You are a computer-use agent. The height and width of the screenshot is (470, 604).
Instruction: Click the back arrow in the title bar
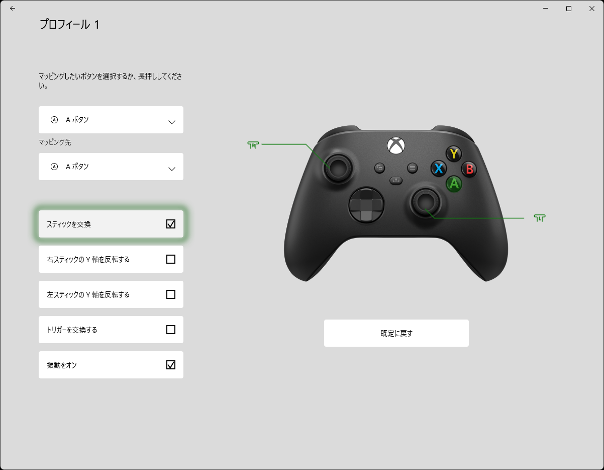13,9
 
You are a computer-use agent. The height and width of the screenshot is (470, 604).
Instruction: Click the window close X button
592,9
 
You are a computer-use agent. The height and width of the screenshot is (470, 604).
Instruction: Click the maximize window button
569,9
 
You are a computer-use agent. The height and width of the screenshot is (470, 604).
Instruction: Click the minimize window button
546,9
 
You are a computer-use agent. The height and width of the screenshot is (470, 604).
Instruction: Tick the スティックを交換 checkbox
171,224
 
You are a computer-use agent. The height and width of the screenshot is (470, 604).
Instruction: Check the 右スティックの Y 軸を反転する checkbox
171,259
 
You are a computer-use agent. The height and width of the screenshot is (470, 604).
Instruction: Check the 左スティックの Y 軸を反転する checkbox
171,294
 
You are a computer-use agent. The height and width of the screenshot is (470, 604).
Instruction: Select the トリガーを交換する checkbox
171,330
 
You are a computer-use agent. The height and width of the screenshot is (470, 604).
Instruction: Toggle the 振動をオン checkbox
171,365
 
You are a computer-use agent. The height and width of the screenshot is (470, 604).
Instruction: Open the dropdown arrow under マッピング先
172,169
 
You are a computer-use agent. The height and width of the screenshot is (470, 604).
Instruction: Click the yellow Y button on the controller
454,153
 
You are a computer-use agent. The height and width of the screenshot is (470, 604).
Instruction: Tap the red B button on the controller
469,169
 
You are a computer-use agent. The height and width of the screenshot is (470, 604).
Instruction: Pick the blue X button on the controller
439,169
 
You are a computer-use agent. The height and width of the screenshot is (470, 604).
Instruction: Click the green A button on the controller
454,184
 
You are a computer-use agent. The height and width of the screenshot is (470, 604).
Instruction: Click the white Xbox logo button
396,145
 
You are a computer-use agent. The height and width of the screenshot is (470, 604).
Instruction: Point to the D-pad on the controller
366,205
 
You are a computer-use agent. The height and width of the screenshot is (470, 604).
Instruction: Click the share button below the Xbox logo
396,180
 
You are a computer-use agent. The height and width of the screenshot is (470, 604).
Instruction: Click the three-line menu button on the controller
412,168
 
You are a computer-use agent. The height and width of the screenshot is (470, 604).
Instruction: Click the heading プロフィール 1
69,25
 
